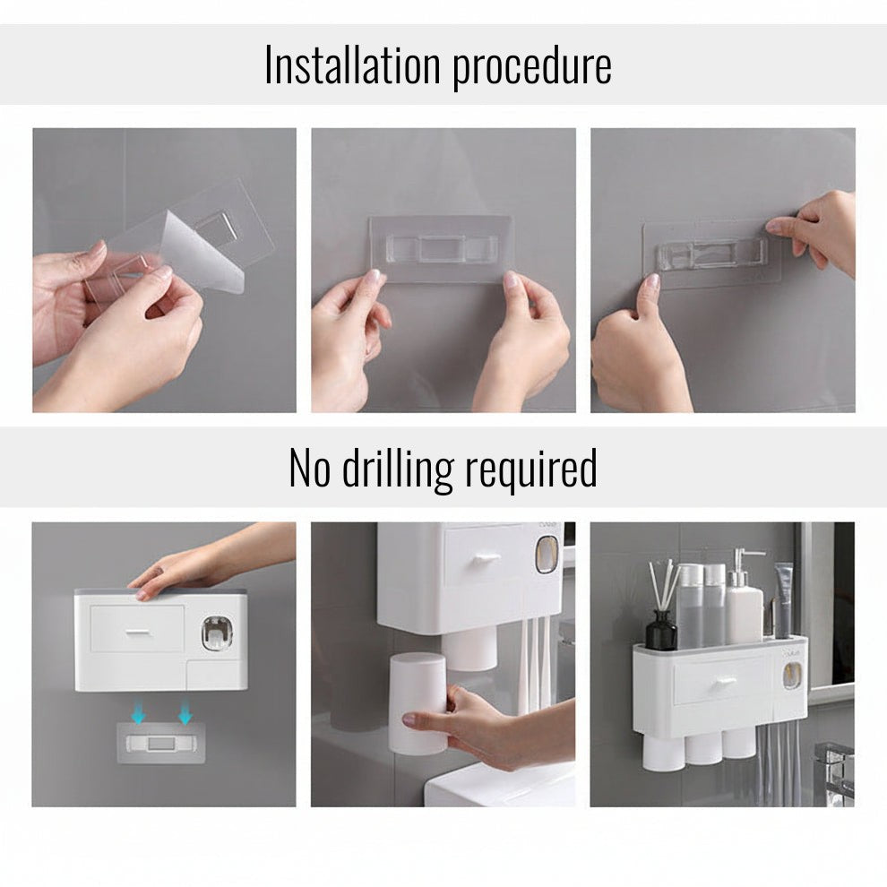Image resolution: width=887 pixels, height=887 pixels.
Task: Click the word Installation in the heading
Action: coord(352,65)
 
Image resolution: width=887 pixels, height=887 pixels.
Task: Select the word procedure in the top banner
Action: coord(531,67)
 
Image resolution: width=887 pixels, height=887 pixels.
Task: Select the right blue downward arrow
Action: coord(185,715)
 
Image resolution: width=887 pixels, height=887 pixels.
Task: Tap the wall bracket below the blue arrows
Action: coord(161,743)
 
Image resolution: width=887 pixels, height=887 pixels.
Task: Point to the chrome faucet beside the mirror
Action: coord(833,771)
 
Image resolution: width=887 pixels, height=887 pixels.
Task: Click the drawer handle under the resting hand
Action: coord(136,633)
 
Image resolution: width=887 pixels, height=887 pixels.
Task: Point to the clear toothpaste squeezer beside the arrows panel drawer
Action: coord(217,634)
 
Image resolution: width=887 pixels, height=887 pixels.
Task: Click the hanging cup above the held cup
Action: coord(469,649)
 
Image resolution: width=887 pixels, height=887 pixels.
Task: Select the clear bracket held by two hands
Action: coord(441,248)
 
